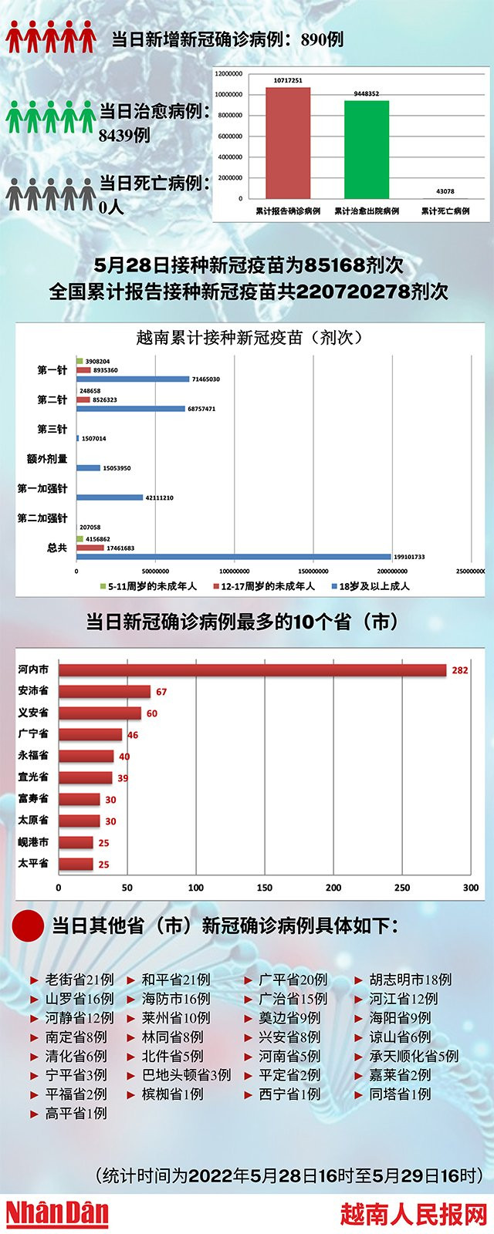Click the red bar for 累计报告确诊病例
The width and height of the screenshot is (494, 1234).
click(x=288, y=143)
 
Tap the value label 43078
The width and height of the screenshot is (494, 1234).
click(x=445, y=191)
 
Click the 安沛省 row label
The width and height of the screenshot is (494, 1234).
click(x=33, y=691)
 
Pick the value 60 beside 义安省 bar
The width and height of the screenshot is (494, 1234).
click(x=151, y=713)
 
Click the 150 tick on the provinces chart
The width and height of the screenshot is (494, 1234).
click(x=265, y=888)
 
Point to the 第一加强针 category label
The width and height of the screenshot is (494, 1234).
click(x=42, y=489)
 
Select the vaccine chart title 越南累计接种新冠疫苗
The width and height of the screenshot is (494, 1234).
click(x=249, y=337)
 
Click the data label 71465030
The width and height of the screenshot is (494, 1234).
click(x=205, y=379)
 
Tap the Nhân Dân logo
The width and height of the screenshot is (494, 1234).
click(x=57, y=1213)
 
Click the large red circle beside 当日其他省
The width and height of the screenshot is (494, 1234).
click(x=29, y=926)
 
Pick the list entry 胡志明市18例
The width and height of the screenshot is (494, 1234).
click(x=410, y=979)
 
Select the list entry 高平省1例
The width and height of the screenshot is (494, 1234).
click(x=76, y=1113)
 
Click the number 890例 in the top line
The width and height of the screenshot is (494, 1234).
click(x=322, y=39)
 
